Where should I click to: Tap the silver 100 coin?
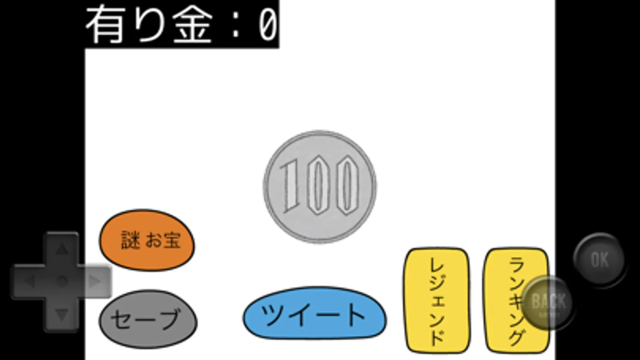click(319, 186)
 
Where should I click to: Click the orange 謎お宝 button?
click(147, 240)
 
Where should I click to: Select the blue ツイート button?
click(315, 313)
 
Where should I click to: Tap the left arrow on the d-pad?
click(28, 281)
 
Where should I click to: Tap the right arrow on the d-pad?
click(95, 281)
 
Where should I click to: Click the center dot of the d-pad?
click(61, 281)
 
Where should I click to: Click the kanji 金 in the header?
click(192, 25)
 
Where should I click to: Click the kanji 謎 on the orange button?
click(131, 240)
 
